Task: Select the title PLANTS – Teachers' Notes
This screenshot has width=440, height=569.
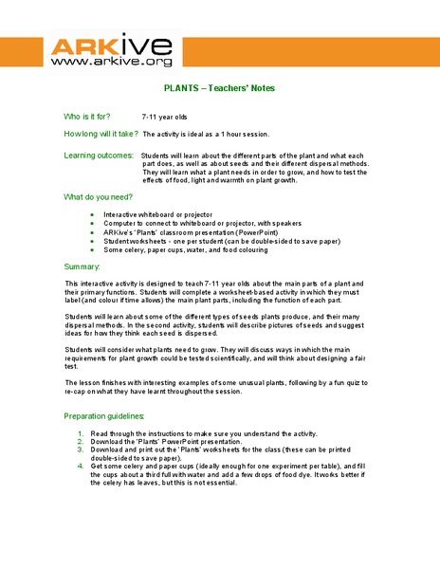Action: tap(219, 88)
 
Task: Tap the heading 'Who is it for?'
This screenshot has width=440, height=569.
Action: tap(94, 116)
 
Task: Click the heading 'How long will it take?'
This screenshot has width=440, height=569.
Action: tap(101, 134)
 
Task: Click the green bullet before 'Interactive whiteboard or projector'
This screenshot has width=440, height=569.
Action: tap(91, 216)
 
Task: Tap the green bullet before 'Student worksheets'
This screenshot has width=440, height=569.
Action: tap(91, 241)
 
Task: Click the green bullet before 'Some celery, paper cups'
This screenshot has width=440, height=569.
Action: tap(91, 249)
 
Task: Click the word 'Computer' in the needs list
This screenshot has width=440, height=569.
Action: tap(121, 225)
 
